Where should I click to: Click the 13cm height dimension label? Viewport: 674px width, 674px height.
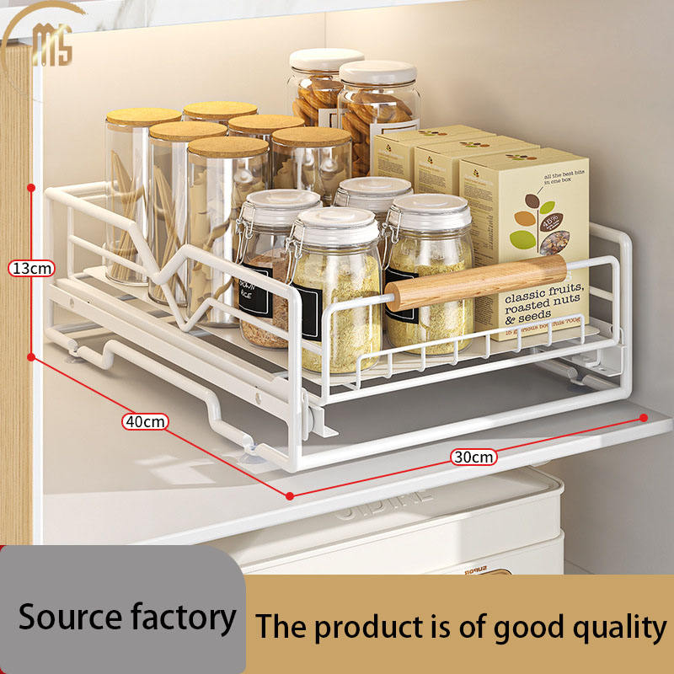pyautogui.click(x=31, y=269)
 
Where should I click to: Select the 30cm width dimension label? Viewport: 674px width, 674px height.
pyautogui.click(x=473, y=457)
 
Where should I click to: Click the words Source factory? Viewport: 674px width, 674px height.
pyautogui.click(x=126, y=617)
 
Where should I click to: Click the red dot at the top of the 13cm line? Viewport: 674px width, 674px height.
pyautogui.click(x=31, y=185)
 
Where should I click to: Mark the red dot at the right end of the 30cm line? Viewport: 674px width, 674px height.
pyautogui.click(x=644, y=417)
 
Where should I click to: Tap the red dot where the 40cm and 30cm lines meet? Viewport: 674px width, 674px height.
pyautogui.click(x=290, y=495)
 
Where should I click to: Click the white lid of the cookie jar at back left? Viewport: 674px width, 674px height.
pyautogui.click(x=325, y=60)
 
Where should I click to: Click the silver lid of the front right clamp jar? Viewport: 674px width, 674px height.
pyautogui.click(x=431, y=211)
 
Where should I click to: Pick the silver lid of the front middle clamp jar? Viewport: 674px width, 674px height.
pyautogui.click(x=337, y=223)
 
